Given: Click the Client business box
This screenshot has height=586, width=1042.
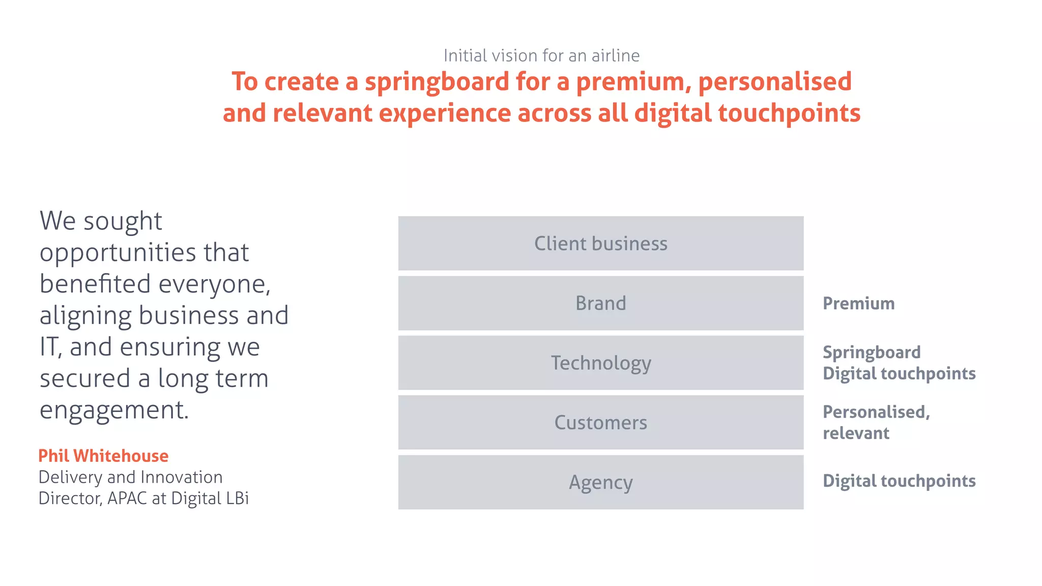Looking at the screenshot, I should coord(600,243).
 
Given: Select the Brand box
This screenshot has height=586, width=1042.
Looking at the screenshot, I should coord(600,303).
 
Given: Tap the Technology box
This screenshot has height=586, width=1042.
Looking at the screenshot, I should coord(600,363).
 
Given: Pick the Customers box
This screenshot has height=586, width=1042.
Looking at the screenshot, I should coord(600,422).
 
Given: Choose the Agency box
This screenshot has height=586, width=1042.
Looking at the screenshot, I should coord(600,482).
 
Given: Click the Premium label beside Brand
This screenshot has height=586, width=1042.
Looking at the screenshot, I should coord(858,304).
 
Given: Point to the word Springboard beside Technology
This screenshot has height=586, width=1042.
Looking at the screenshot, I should coord(872,353).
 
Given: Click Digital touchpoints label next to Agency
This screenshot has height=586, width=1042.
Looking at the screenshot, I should coord(899,481).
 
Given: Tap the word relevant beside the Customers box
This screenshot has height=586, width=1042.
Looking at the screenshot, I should coord(856,433).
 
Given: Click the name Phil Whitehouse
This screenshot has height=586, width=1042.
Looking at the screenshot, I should coord(103,456).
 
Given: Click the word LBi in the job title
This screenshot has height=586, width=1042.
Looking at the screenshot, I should coord(237,499).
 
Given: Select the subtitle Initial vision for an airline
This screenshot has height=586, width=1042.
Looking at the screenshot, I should coord(541,55).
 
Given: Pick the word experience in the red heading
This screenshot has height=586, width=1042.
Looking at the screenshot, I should coord(445,113).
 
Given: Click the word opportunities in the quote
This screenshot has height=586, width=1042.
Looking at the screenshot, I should coord(118,253).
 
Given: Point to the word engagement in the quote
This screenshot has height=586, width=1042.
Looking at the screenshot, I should coord(114,411).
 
